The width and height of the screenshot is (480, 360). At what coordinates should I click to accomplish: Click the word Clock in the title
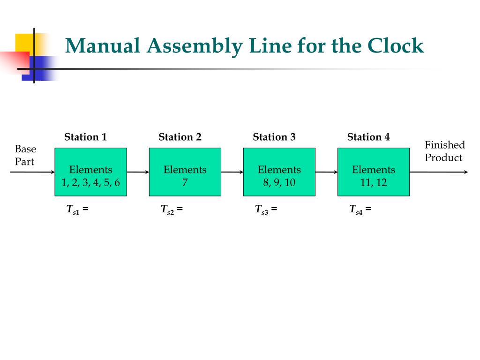point(396,46)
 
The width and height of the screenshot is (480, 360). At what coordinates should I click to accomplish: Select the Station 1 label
point(85,137)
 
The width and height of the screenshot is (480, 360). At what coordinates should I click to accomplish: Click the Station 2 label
point(180,137)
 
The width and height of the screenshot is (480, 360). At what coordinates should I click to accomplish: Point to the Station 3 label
point(274,137)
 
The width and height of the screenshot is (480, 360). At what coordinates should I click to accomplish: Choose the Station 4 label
point(368,137)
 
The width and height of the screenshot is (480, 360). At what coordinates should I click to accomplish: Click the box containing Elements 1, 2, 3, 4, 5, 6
point(91,172)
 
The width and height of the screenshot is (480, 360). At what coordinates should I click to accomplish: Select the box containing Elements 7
point(185,172)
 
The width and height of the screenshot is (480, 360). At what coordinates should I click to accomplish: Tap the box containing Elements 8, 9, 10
point(279,172)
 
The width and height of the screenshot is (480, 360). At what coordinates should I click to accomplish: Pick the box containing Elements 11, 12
point(374,172)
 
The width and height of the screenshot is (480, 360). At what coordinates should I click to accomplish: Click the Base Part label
point(25,155)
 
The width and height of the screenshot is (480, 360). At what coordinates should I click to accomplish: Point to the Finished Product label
point(444,151)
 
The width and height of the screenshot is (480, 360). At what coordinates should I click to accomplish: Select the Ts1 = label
point(77,210)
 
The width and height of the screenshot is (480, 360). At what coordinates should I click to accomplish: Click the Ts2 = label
point(172,210)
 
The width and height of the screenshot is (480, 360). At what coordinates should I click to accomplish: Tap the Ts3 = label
point(266,210)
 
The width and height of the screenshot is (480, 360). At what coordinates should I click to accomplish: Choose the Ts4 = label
point(360,210)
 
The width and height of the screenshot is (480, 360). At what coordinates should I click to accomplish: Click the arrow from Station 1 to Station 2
point(138,172)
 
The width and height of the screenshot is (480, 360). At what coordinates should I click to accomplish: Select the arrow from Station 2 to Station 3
point(232,172)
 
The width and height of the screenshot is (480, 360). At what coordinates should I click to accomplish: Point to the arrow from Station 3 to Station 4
point(327,172)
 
